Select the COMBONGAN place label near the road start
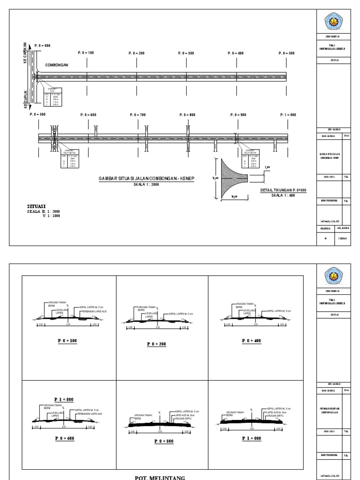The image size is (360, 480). (x=57, y=65)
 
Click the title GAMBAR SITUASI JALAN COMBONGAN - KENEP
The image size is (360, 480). (x=147, y=179)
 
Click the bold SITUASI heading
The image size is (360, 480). (x=39, y=206)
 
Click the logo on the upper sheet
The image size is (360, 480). (x=333, y=21)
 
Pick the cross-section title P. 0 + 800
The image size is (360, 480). (x=164, y=441)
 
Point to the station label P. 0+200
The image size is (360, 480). (x=136, y=53)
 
